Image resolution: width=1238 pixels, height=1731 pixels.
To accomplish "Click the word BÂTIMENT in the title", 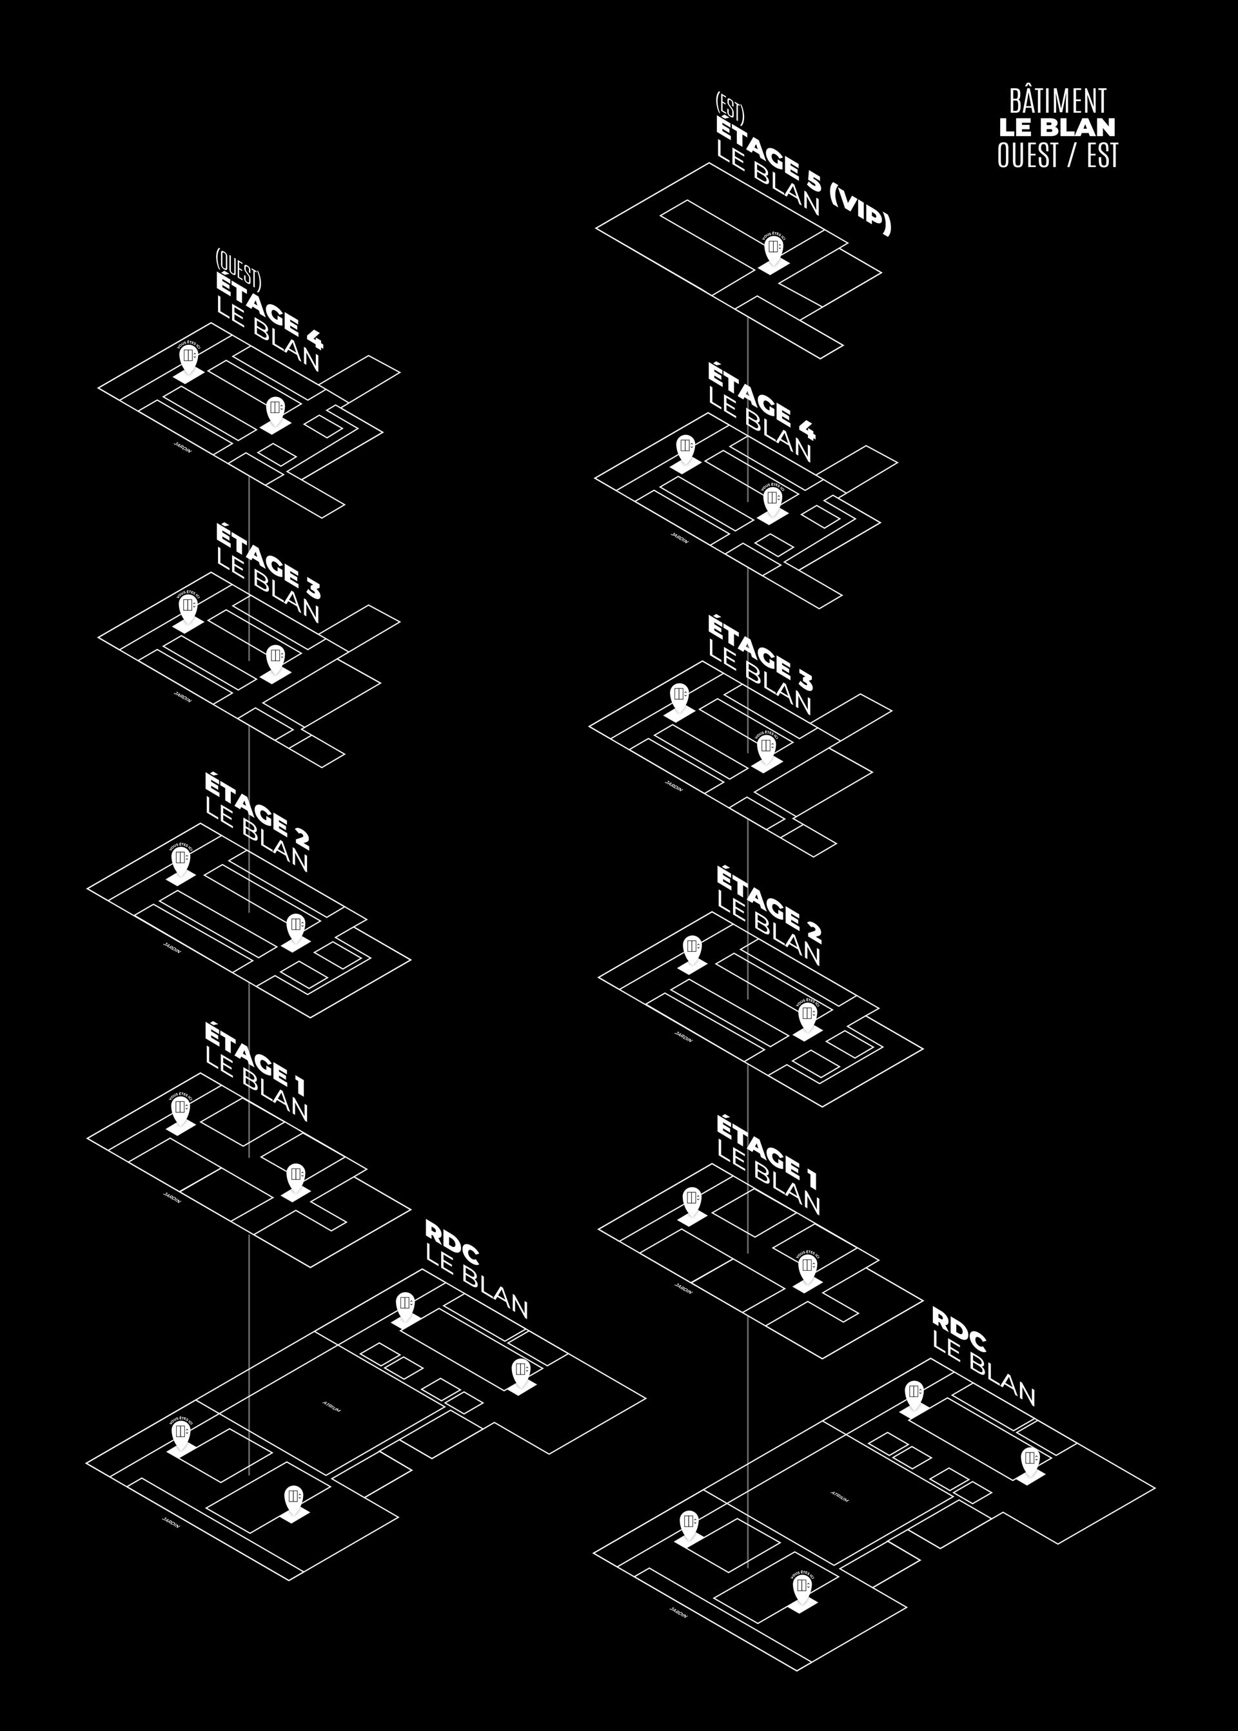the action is [1057, 101].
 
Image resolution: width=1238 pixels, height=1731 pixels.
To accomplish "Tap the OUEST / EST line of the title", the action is [1057, 155].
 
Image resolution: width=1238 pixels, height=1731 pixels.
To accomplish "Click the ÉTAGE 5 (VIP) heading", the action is [802, 177].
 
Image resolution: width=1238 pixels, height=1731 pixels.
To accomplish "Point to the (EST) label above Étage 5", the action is [729, 110].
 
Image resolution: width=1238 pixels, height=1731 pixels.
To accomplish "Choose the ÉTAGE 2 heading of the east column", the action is [769, 902].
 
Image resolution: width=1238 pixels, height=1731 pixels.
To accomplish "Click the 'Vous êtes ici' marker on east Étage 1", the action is [807, 1266].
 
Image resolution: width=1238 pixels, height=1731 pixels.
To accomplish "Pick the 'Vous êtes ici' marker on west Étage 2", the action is [181, 858].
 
